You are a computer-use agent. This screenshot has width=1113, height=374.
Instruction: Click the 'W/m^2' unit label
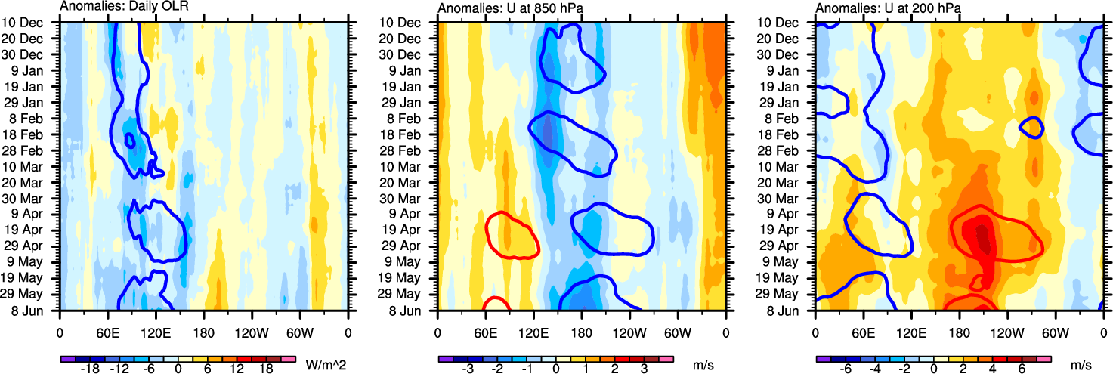tap(326, 366)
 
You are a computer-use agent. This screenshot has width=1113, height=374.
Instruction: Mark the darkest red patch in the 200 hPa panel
tap(983, 236)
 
